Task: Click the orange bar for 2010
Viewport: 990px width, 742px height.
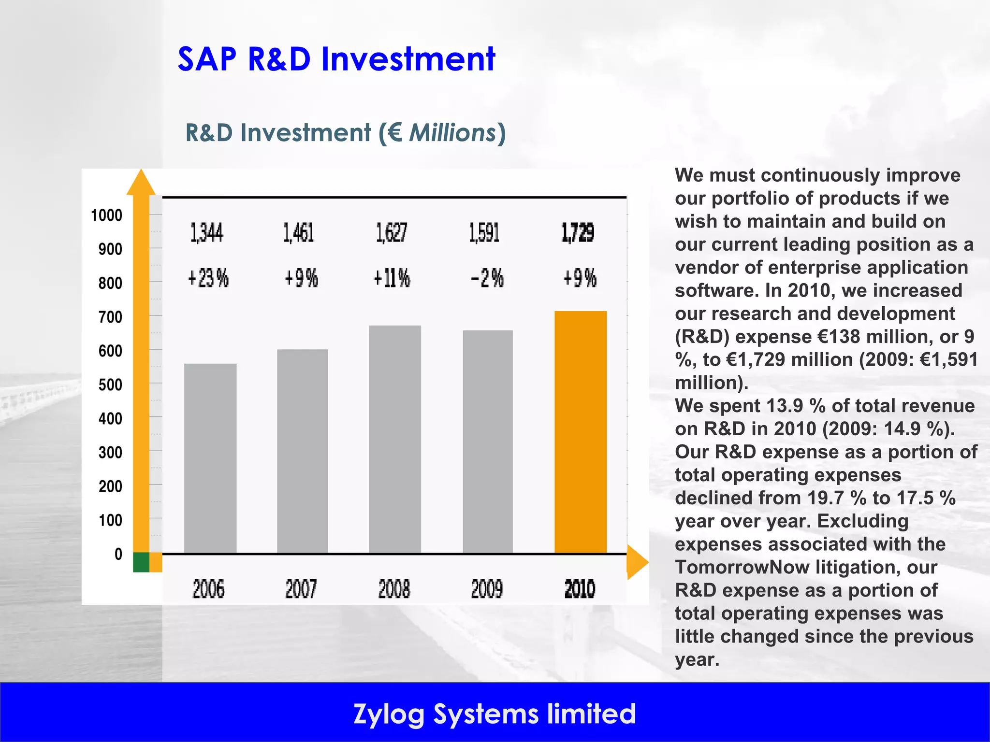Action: (580, 432)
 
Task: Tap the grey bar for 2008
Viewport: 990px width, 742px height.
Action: (395, 439)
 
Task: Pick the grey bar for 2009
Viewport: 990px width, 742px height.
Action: (488, 442)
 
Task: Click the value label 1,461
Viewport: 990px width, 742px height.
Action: (299, 233)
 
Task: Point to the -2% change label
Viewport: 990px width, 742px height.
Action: (487, 278)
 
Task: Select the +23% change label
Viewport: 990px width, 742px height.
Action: (208, 278)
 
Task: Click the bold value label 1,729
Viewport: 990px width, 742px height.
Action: (578, 233)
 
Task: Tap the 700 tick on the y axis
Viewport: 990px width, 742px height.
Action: (110, 317)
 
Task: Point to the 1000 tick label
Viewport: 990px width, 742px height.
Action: (107, 215)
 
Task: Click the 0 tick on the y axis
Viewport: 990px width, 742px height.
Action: (118, 554)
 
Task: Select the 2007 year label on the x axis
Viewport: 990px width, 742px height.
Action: (301, 589)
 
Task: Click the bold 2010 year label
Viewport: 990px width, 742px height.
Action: (580, 589)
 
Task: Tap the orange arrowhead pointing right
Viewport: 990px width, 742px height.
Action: (637, 562)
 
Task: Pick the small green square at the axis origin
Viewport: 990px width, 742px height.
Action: (141, 562)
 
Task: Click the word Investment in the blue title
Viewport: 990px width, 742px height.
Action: (408, 59)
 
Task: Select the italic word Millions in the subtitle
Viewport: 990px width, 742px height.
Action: (452, 133)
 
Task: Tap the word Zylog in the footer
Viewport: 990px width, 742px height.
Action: (389, 714)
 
